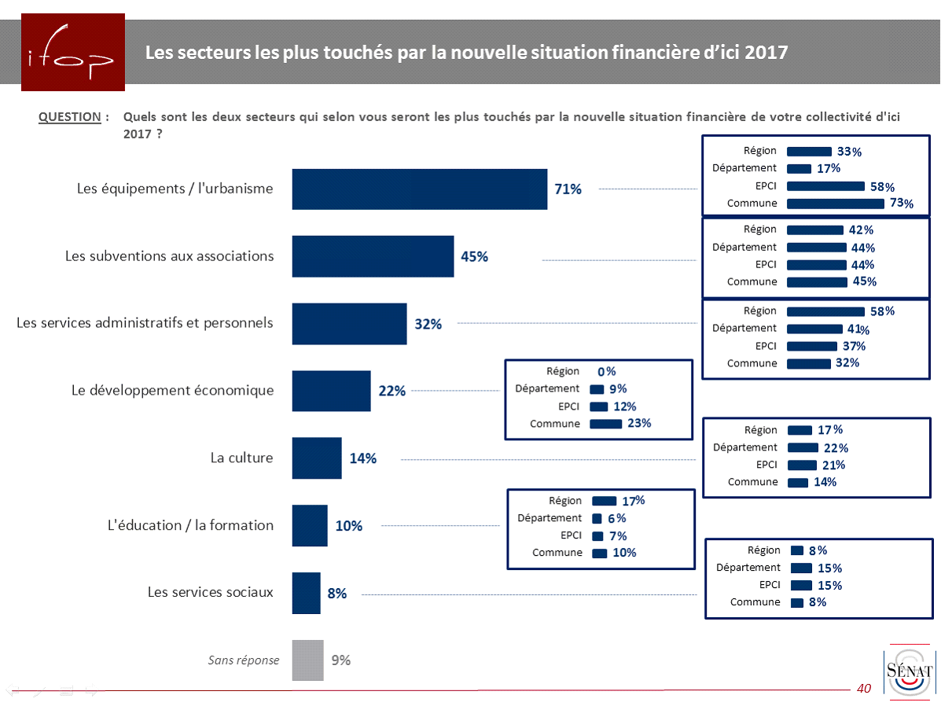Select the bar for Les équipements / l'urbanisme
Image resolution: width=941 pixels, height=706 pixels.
pyautogui.click(x=419, y=189)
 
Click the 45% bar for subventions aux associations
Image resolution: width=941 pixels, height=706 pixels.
pyautogui.click(x=373, y=256)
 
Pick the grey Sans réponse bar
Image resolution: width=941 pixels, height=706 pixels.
pyautogui.click(x=307, y=660)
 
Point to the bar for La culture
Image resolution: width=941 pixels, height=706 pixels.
pyautogui.click(x=316, y=458)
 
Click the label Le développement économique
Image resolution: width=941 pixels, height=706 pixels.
pyautogui.click(x=172, y=391)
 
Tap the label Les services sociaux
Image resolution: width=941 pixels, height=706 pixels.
pyautogui.click(x=210, y=592)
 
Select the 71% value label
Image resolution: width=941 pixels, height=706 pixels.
pyautogui.click(x=568, y=189)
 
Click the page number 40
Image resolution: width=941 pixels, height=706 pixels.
pyautogui.click(x=864, y=689)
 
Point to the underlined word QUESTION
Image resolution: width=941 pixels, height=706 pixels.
pyautogui.click(x=70, y=117)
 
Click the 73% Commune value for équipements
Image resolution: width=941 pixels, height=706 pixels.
pyautogui.click(x=902, y=204)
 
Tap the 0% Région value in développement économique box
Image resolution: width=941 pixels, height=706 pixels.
pyautogui.click(x=606, y=372)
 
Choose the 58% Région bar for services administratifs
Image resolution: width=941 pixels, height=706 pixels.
pyautogui.click(x=825, y=311)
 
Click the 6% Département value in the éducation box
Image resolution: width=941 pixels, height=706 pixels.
pyautogui.click(x=616, y=519)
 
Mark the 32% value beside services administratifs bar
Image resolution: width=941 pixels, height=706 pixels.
pyautogui.click(x=428, y=324)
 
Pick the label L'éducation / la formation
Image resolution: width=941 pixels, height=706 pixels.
pyautogui.click(x=190, y=525)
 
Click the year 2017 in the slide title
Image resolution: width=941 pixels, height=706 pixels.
pyautogui.click(x=766, y=53)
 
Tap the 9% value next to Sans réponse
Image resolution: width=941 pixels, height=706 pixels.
pyautogui.click(x=340, y=660)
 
